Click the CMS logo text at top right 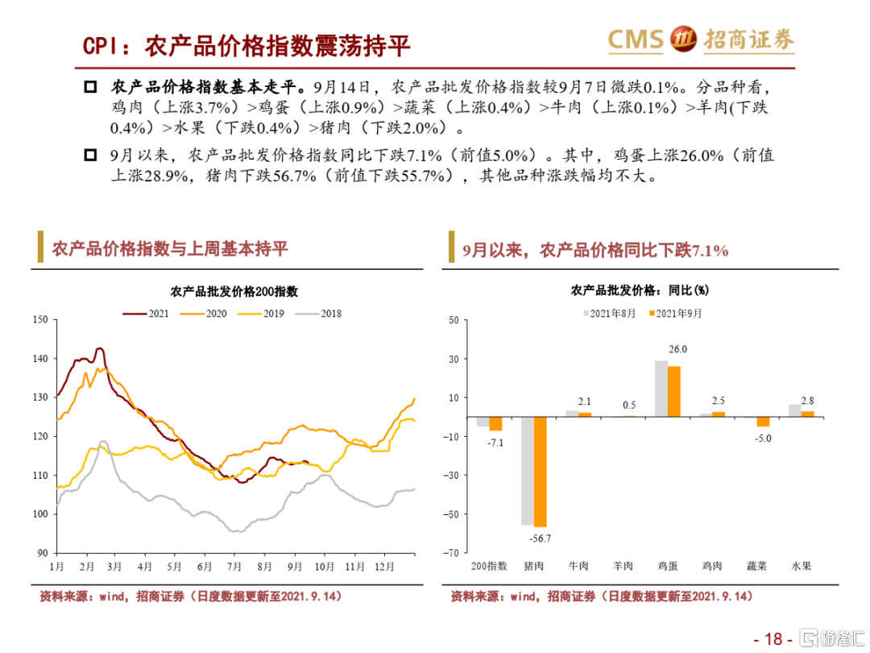[636, 39]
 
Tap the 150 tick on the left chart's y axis [41, 320]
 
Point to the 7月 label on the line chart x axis [235, 567]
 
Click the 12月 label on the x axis [384, 567]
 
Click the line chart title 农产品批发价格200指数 [234, 292]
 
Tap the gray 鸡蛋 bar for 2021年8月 [661, 389]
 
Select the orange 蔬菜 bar [763, 422]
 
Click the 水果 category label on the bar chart [801, 566]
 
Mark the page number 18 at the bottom [773, 639]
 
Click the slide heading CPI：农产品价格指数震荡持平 [246, 46]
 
